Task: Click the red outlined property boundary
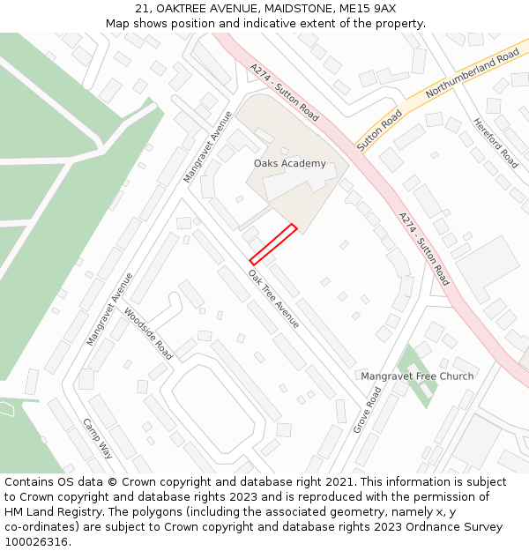pos(273,244)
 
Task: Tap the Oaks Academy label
pos(289,163)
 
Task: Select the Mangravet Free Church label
pos(417,376)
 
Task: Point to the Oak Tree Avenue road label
pos(273,298)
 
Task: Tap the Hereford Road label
pos(495,143)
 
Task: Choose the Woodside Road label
pos(148,333)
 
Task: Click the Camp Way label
pos(98,438)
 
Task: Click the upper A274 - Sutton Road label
pos(284,91)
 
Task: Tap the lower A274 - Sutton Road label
pos(424,249)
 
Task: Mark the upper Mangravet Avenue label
pos(208,147)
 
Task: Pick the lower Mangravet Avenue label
pos(110,309)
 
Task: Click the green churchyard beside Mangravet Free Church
pos(416,376)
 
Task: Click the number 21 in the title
pos(142,9)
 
